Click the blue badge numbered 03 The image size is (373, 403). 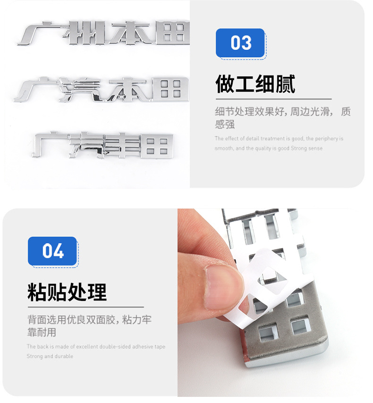click(240, 43)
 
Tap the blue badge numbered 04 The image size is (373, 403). click(52, 251)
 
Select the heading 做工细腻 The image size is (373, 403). click(255, 84)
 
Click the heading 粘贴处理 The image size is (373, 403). click(67, 292)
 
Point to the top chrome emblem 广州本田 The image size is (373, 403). click(104, 33)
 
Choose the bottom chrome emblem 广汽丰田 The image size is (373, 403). click(103, 145)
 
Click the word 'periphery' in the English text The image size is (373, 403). click(328, 139)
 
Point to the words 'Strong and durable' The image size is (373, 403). click(50, 356)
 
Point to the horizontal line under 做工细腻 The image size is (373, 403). click(273, 99)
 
